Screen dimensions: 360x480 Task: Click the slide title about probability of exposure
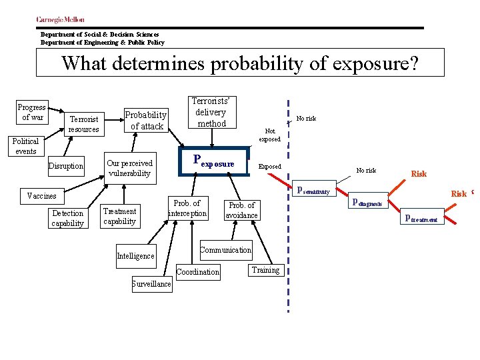(x=240, y=64)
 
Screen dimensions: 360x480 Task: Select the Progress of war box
(x=32, y=112)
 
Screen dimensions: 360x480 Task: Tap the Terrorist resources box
(x=84, y=124)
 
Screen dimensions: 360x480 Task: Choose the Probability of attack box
(x=147, y=120)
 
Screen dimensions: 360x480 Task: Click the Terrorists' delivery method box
(x=211, y=112)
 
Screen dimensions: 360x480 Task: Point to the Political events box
(x=26, y=146)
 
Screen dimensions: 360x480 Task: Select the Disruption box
(x=66, y=166)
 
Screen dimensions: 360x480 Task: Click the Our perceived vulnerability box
(x=129, y=168)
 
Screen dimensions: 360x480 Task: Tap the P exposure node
(x=214, y=161)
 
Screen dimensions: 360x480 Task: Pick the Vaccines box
(x=41, y=196)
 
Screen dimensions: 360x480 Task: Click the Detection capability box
(x=68, y=218)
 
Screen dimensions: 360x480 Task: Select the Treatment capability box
(x=120, y=216)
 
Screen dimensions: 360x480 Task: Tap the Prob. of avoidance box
(x=241, y=210)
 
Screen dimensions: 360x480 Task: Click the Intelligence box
(x=135, y=255)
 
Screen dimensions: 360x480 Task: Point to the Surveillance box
(x=151, y=284)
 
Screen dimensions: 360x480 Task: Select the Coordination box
(x=198, y=271)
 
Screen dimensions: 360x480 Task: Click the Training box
(x=266, y=270)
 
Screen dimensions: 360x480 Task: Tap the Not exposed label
(x=269, y=135)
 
